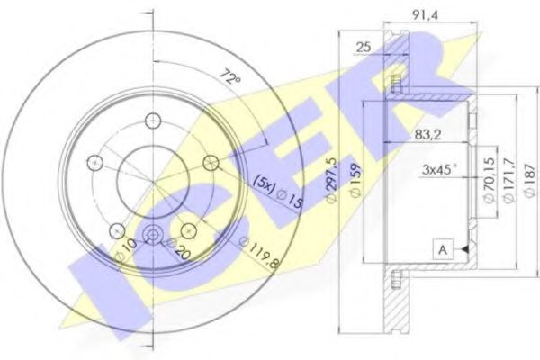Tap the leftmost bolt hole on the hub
[93, 162]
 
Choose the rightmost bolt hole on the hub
[211, 162]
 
